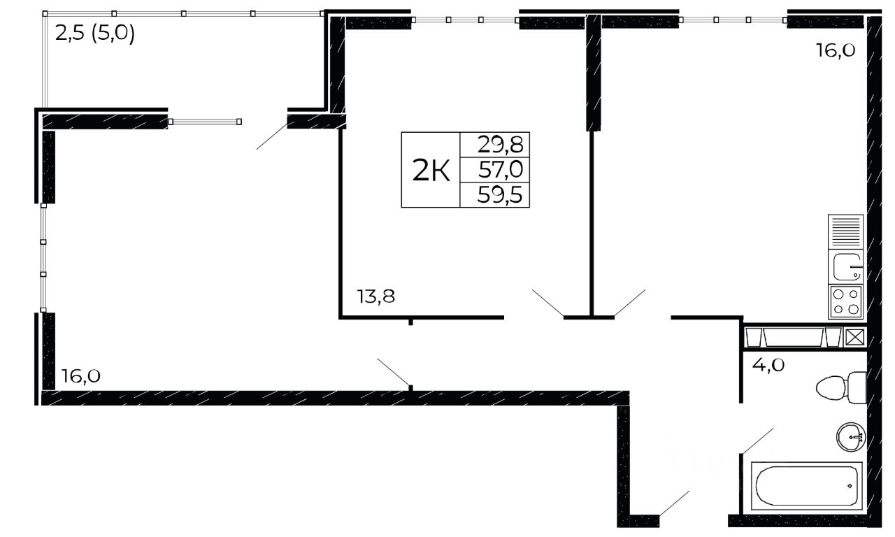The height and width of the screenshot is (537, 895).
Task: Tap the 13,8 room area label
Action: click(376, 296)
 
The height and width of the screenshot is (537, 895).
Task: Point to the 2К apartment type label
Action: click(431, 170)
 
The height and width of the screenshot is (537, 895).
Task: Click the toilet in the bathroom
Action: click(841, 387)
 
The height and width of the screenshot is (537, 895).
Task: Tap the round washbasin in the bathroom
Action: click(851, 438)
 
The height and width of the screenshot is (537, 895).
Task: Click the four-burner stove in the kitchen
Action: click(845, 302)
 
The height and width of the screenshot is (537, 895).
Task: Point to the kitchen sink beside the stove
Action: click(845, 266)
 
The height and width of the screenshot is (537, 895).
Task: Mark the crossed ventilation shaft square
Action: click(854, 337)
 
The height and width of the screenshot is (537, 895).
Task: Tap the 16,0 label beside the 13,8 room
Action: click(80, 376)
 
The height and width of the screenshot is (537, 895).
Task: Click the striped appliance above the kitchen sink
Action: click(845, 231)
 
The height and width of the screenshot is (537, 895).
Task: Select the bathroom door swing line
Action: click(757, 441)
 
